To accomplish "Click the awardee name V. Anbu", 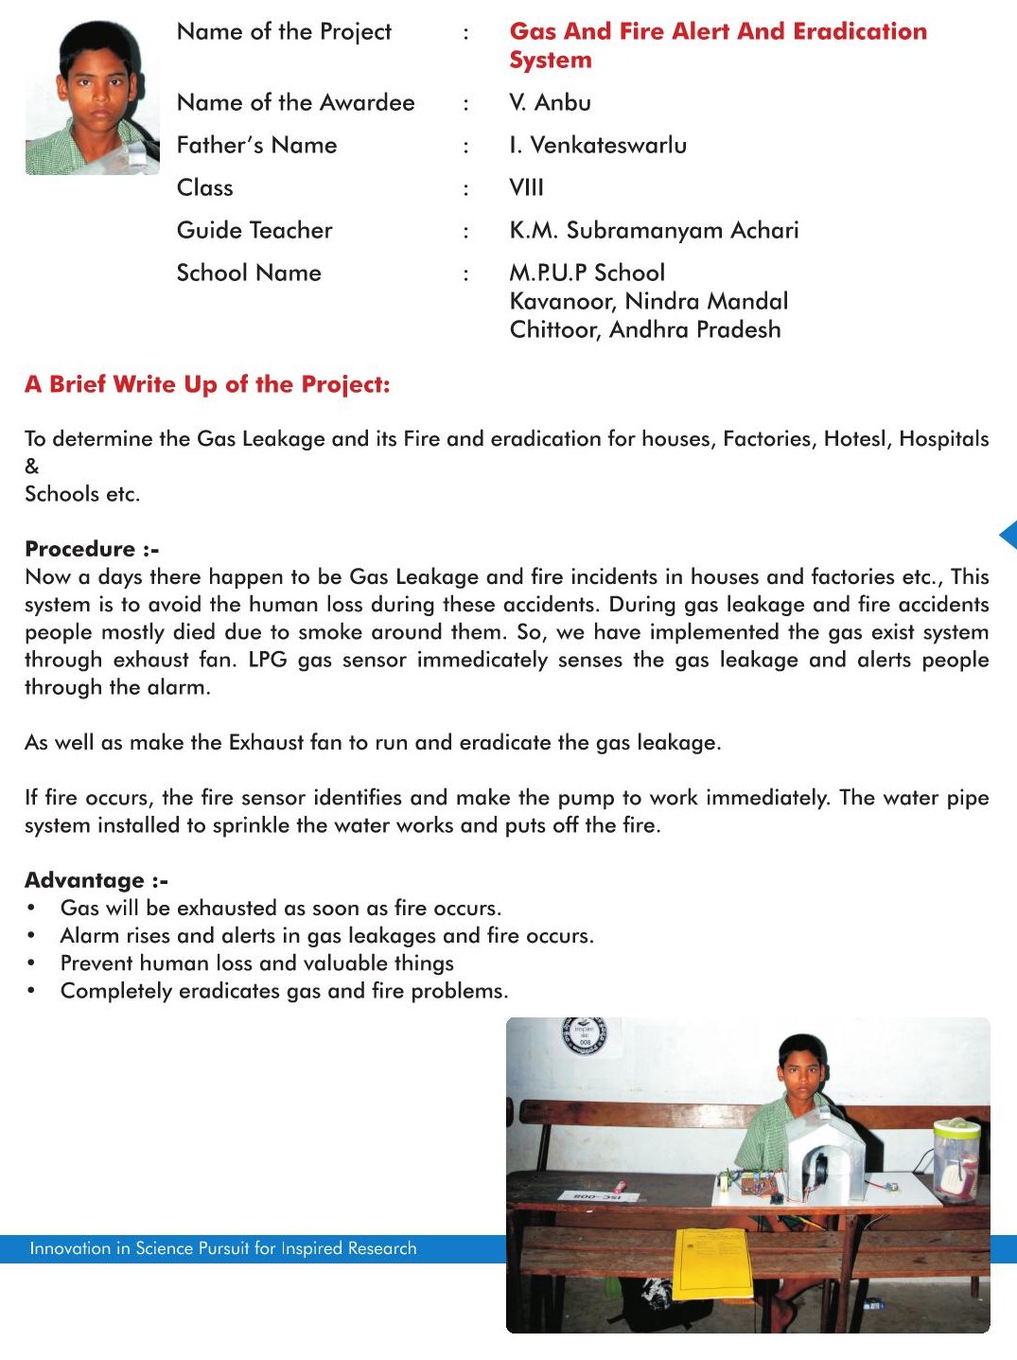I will [550, 102].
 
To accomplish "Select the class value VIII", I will [526, 187].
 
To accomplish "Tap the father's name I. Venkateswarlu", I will [597, 145].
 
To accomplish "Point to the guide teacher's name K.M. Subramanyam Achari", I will [654, 230].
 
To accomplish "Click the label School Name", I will [249, 273].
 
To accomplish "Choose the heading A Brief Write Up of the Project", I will [207, 384].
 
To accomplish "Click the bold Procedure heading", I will [92, 549].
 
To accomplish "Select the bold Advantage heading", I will [96, 880].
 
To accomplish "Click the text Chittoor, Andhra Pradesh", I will [645, 329].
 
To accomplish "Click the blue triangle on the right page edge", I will [1008, 535].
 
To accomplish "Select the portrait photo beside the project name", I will [92, 97].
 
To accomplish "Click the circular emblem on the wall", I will [585, 1036].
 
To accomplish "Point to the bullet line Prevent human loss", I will [256, 963].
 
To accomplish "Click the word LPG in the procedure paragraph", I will [268, 660].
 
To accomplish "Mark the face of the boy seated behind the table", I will [801, 1065].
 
